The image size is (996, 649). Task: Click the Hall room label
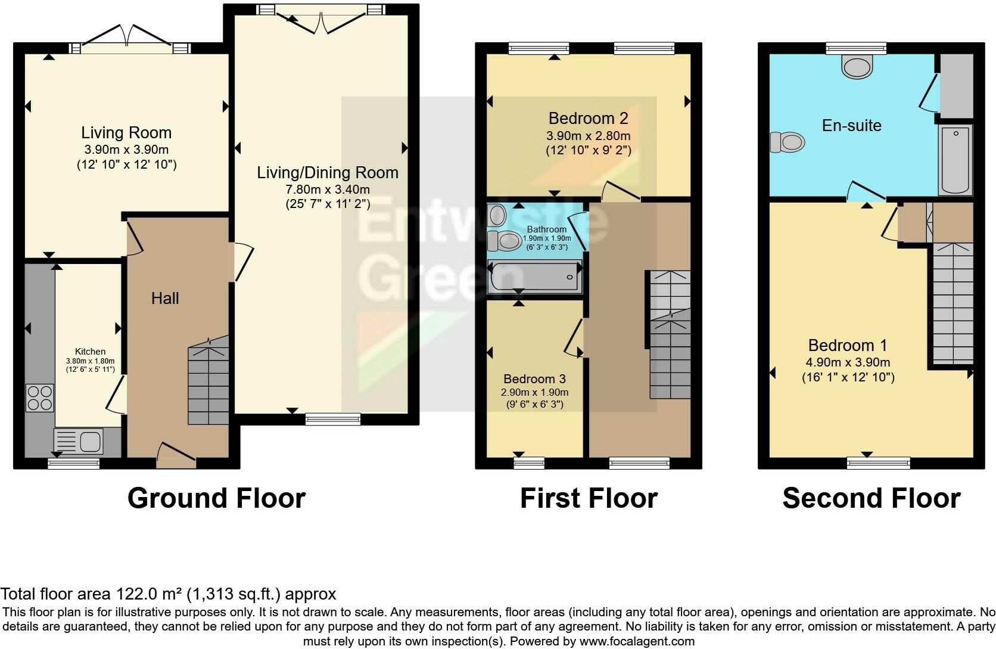click(x=165, y=299)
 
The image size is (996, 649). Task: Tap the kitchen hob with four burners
click(x=40, y=398)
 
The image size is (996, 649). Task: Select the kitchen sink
click(x=78, y=441)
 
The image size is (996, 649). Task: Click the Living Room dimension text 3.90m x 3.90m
click(x=127, y=150)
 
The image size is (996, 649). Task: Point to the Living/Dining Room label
click(x=328, y=173)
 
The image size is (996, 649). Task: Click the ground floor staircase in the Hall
click(x=208, y=380)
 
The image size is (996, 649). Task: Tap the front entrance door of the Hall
click(x=176, y=455)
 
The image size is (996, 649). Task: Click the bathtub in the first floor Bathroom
click(x=535, y=277)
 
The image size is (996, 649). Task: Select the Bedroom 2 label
click(x=589, y=119)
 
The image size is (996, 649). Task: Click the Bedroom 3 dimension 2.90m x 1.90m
click(x=534, y=392)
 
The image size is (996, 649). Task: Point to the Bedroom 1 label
click(x=848, y=346)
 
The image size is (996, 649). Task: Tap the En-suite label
click(x=851, y=125)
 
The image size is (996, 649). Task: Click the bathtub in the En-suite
click(x=955, y=160)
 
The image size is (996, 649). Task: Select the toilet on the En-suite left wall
click(x=788, y=142)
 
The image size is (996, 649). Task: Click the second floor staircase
click(x=953, y=303)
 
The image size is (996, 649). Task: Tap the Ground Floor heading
click(x=217, y=498)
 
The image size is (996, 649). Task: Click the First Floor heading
click(x=589, y=498)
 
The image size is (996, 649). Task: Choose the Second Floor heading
click(x=872, y=498)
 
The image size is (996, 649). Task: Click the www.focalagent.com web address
click(x=637, y=641)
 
